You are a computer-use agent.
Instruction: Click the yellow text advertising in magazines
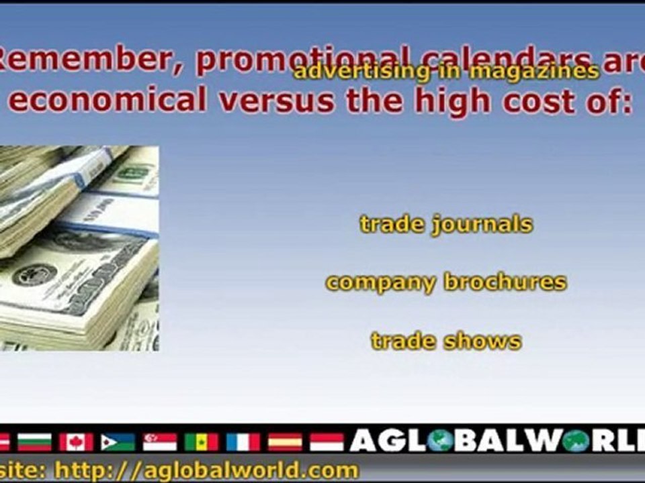coord(445,71)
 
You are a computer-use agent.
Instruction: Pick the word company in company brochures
coord(380,282)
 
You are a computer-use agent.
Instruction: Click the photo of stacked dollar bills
coord(79,248)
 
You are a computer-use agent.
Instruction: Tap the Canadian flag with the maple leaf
coord(76,441)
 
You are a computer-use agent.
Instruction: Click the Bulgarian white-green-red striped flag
coord(34,441)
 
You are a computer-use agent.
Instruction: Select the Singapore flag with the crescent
coord(160,441)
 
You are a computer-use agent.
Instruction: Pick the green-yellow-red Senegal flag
coord(202,441)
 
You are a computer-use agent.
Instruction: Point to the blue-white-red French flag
coord(243,441)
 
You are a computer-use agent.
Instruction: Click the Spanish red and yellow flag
coord(285,441)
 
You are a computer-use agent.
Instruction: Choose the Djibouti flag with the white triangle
coord(118,441)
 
